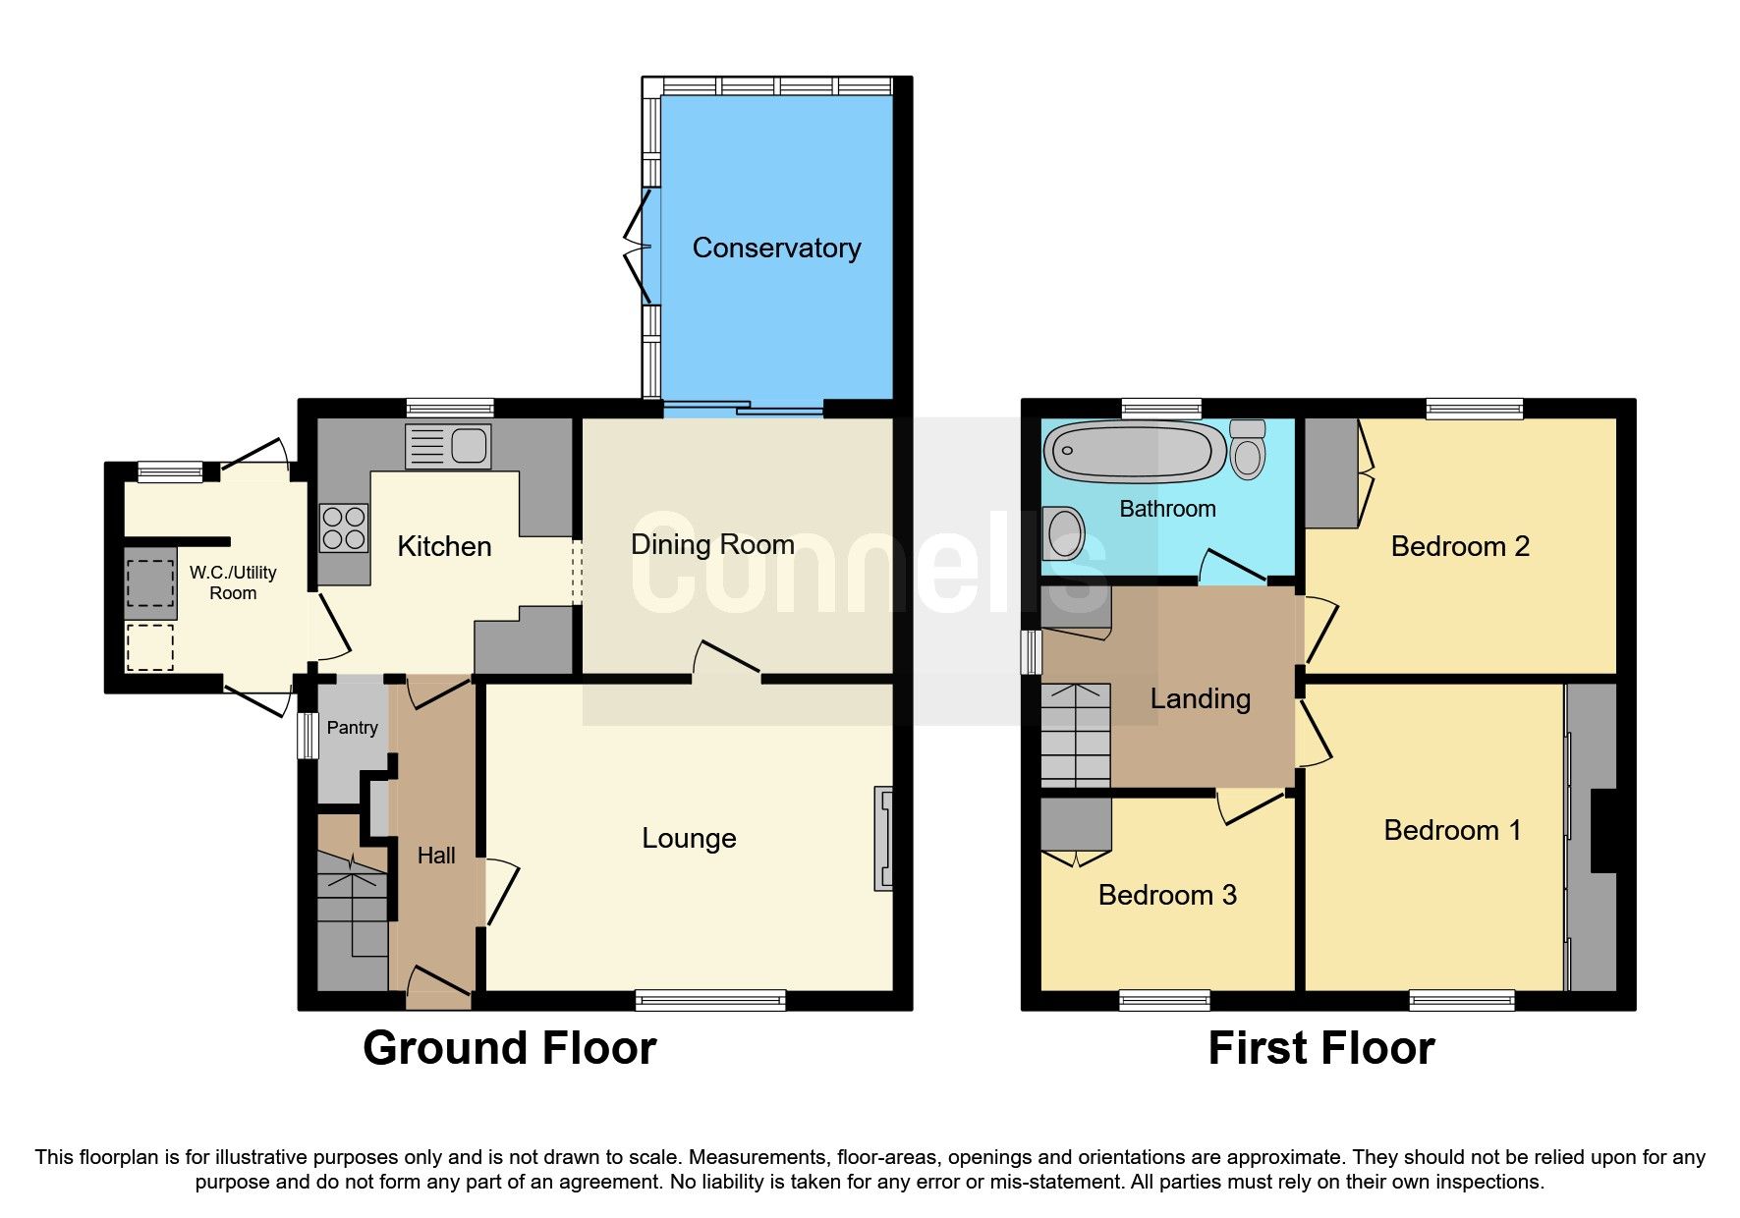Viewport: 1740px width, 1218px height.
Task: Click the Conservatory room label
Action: tap(776, 248)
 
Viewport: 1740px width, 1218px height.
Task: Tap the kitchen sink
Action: tap(448, 447)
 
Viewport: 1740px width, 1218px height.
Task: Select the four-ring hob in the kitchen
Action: tap(344, 527)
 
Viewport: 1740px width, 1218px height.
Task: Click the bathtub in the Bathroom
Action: tap(1135, 452)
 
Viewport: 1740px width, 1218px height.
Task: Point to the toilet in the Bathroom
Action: tap(1248, 450)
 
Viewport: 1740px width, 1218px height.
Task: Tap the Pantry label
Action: tap(352, 728)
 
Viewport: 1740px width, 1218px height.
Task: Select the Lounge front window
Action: tap(710, 1001)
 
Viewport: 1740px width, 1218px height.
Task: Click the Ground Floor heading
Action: tap(509, 1048)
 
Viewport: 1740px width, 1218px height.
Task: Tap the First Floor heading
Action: tap(1320, 1048)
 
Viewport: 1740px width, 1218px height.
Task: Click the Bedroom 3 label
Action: tap(1166, 895)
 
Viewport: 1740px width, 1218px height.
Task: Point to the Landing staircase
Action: tap(1075, 735)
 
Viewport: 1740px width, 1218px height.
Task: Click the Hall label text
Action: tap(435, 856)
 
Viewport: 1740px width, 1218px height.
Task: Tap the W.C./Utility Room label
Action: tap(233, 582)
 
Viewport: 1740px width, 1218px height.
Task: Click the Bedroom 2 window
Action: tap(1474, 409)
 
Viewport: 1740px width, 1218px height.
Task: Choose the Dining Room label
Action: tap(712, 544)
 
